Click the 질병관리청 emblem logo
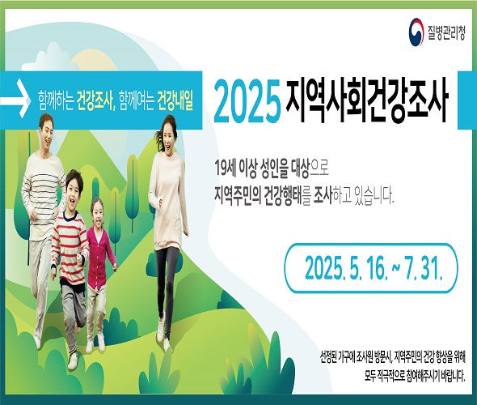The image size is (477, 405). tap(416, 33)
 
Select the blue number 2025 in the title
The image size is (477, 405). tap(247, 100)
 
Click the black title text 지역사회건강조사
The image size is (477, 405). tap(367, 100)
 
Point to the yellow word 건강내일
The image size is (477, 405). tap(175, 100)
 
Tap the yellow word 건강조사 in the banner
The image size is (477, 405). tap(95, 100)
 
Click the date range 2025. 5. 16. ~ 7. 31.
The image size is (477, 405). tap(374, 268)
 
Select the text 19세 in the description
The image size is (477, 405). tap(225, 167)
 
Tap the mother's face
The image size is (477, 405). tap(168, 137)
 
